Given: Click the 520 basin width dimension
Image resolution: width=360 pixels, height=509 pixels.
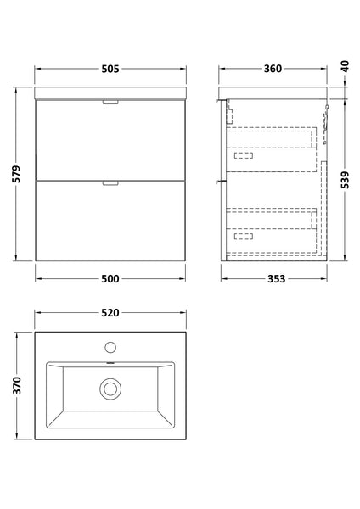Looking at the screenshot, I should point(109,313).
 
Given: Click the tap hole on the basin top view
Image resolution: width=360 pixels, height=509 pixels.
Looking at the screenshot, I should point(109,347).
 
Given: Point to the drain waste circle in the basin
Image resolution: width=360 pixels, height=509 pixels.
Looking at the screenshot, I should point(109,389).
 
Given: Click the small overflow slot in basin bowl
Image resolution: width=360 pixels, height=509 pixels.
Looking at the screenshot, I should point(109,365).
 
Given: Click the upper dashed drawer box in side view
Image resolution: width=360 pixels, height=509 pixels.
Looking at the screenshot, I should point(272,143).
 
